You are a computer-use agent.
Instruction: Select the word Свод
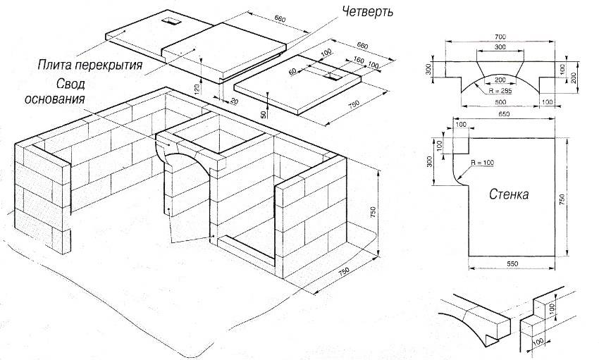[x=66, y=83]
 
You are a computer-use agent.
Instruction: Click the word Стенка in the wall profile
[x=508, y=195]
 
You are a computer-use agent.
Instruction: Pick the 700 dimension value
[x=501, y=35]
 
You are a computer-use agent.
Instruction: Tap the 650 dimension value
[x=503, y=113]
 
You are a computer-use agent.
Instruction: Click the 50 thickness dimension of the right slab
[x=263, y=114]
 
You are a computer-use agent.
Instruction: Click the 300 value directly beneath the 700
[x=501, y=46]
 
